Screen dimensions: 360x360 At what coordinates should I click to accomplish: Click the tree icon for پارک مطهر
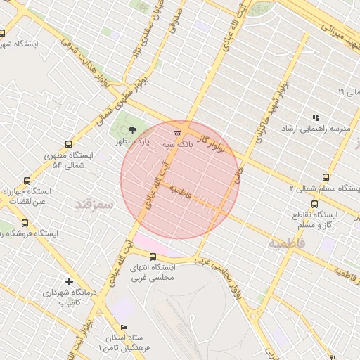133,129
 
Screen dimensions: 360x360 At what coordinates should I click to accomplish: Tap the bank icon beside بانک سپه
177,132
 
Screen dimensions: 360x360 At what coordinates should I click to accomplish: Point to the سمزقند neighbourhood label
94,204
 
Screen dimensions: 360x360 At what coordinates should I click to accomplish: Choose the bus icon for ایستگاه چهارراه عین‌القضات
27,181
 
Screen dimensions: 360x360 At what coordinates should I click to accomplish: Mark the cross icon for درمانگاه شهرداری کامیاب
68,281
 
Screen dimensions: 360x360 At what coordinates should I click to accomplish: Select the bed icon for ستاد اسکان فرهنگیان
124,328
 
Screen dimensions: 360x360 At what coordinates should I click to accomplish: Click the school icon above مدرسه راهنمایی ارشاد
315,117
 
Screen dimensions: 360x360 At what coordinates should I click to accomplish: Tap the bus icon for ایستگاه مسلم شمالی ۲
325,177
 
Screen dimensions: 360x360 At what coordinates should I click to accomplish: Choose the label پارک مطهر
134,142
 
